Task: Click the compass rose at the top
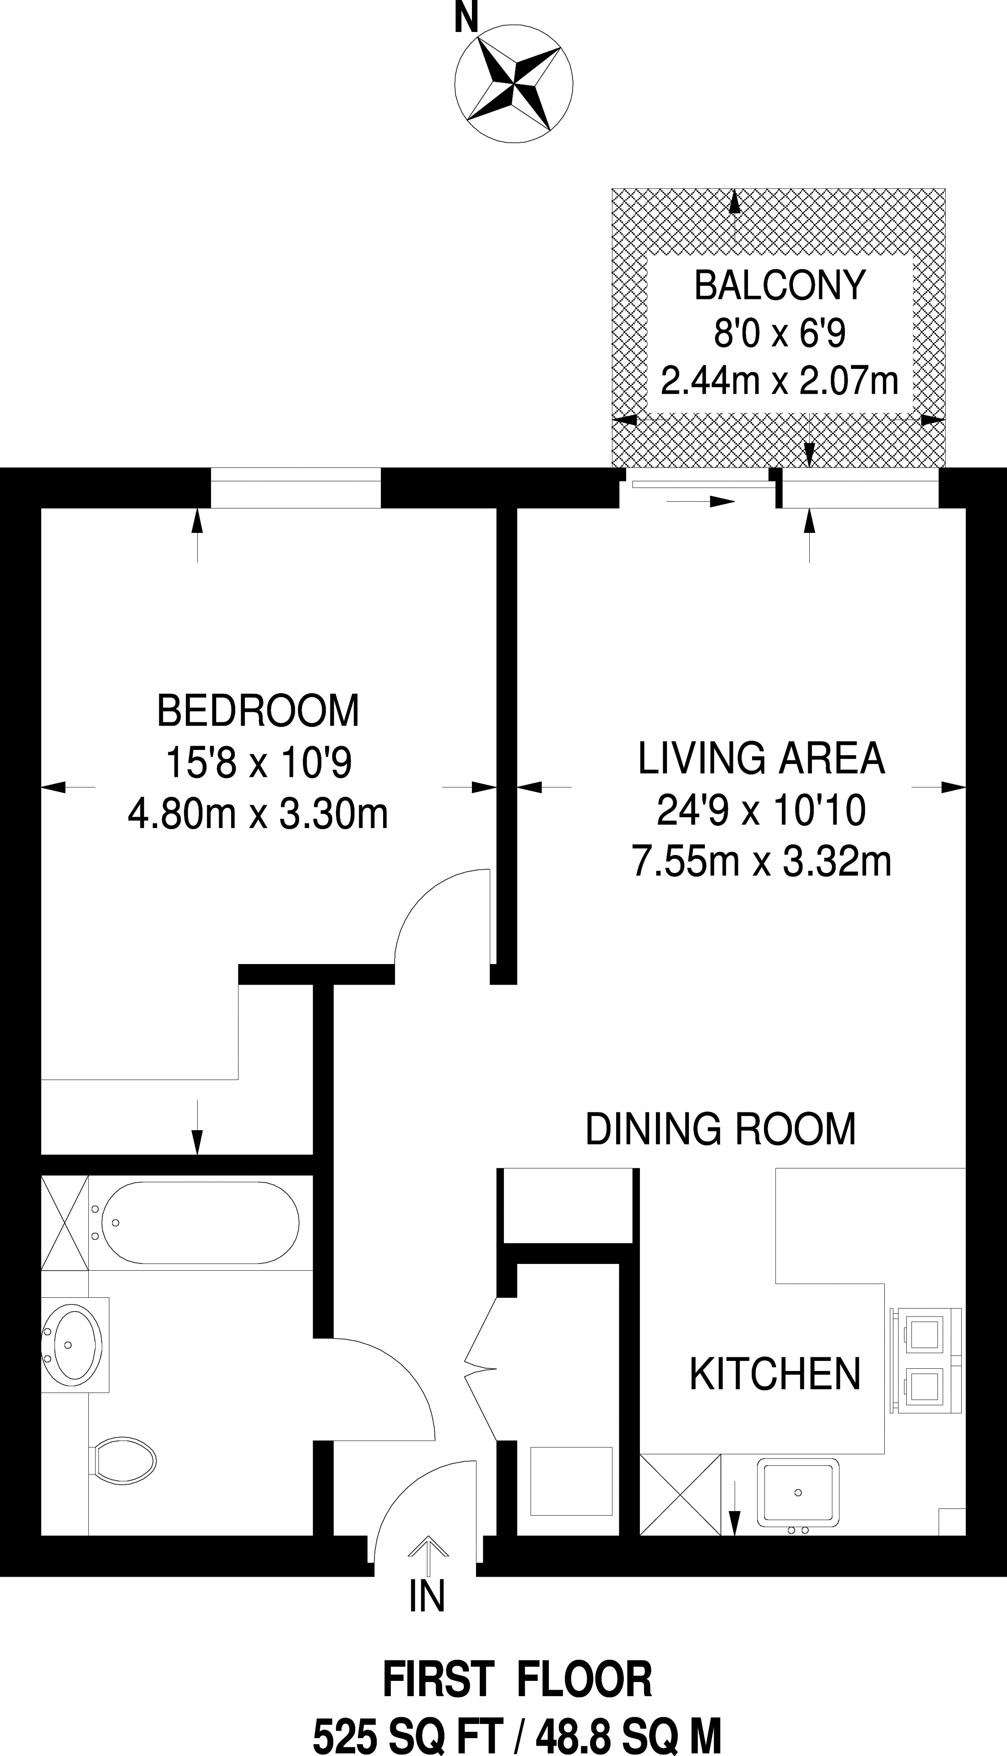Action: (514, 84)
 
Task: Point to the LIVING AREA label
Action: (761, 758)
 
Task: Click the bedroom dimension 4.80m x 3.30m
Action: (258, 815)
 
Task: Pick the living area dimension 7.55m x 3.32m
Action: (762, 862)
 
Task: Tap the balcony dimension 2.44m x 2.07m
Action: (780, 381)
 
